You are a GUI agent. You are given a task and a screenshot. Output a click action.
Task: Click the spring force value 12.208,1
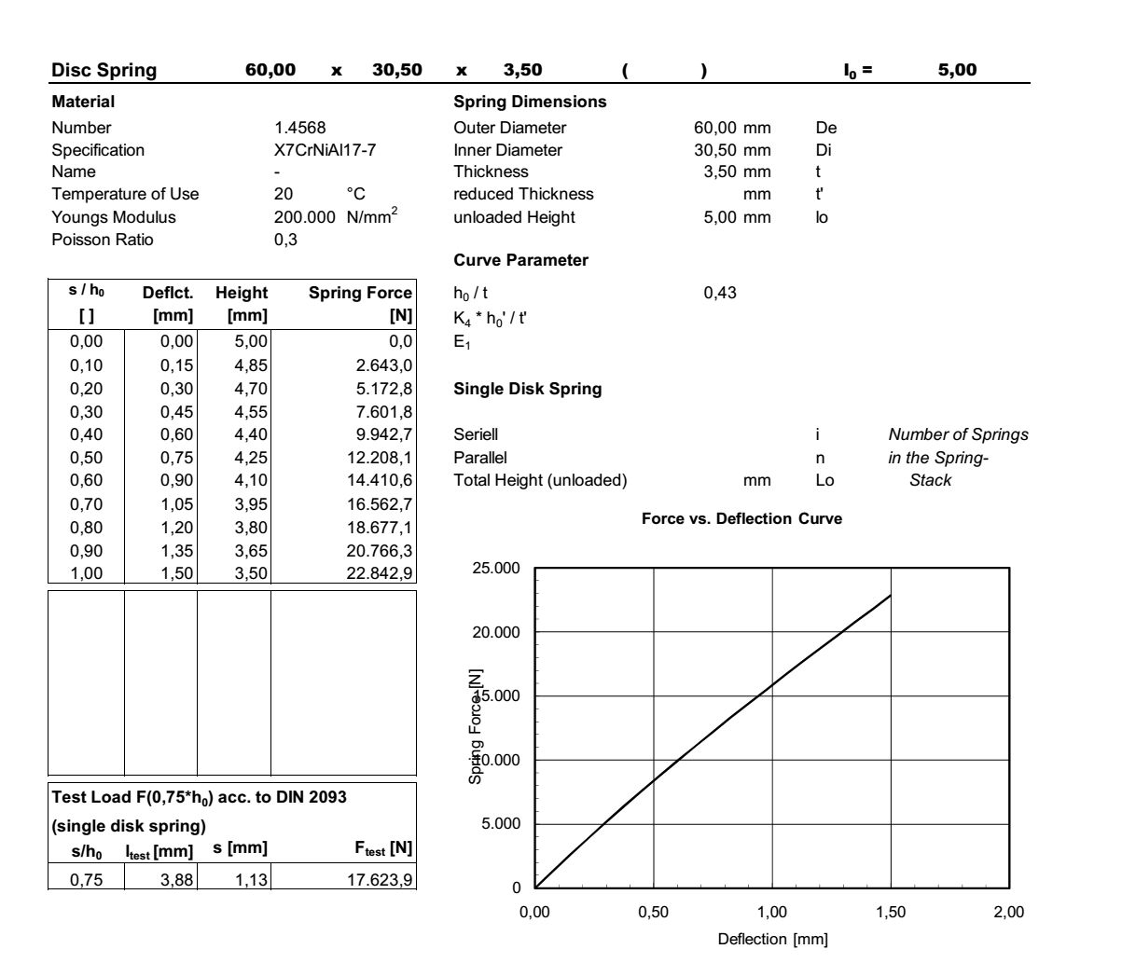point(380,458)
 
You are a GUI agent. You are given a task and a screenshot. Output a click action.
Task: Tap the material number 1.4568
point(300,128)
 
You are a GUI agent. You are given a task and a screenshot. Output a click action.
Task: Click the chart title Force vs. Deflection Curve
point(741,519)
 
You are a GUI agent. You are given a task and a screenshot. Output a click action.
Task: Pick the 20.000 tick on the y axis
point(498,632)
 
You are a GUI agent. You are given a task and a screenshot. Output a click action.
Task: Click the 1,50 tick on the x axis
point(891,913)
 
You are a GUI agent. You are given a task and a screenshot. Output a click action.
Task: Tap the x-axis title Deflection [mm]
point(772,940)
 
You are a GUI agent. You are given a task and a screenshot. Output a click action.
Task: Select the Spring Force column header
point(360,293)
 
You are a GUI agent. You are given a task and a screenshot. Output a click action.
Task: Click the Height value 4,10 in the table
point(250,481)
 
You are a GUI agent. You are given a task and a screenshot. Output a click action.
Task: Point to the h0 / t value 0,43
point(720,294)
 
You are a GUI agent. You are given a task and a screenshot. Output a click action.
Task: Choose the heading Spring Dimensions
point(529,102)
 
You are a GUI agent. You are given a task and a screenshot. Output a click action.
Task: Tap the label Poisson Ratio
point(103,240)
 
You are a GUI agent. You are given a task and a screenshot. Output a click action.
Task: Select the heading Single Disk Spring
point(527,389)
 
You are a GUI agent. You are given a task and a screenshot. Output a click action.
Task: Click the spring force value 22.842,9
point(380,573)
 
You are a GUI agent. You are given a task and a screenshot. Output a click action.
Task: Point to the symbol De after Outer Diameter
point(825,128)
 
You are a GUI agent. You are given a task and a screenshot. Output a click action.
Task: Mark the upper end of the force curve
point(891,595)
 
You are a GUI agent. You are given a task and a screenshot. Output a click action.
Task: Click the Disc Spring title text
point(104,71)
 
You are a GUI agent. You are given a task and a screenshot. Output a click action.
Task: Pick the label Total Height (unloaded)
point(540,481)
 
